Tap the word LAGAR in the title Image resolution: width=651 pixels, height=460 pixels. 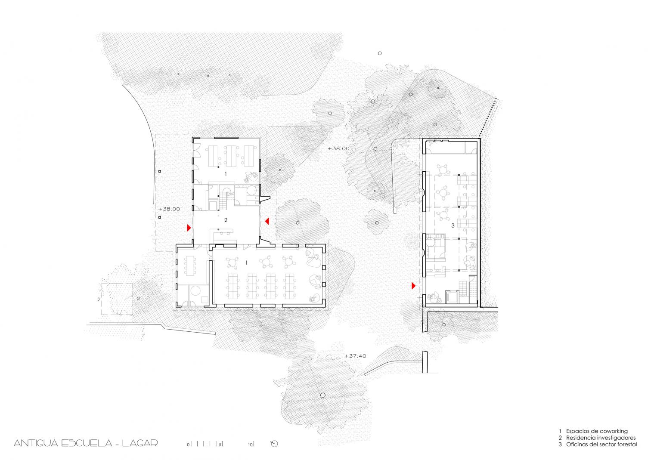(140, 443)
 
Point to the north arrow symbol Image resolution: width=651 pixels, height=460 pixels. (274, 444)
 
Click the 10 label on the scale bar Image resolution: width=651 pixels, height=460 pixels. (251, 445)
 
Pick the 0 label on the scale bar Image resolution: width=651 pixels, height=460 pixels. (189, 445)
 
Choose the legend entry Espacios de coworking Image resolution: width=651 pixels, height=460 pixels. (597, 431)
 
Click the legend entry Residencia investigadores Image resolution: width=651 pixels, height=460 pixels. (601, 438)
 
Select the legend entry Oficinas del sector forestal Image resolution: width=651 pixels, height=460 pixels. (601, 445)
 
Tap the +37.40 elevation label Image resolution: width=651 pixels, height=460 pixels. (355, 356)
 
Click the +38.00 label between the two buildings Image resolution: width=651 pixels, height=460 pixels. (338, 148)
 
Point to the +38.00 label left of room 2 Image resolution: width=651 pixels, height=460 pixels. (169, 209)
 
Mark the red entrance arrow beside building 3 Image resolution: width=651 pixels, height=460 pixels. (414, 286)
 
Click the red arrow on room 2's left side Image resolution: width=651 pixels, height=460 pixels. (189, 228)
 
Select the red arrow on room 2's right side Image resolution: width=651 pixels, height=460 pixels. (267, 221)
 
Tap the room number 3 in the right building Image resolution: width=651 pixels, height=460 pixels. (453, 225)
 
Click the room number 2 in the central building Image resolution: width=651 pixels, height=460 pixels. (226, 220)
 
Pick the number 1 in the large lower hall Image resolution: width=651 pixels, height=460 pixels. (246, 263)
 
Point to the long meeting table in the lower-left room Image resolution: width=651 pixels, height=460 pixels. (190, 266)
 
